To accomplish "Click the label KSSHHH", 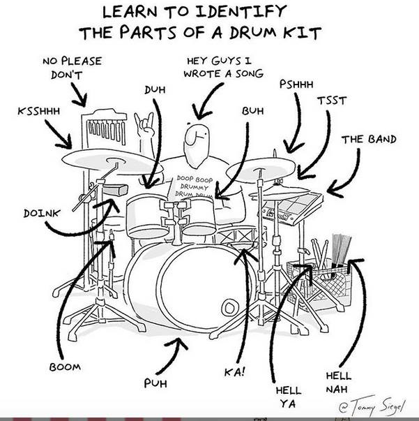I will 38,111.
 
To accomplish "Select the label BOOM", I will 64,367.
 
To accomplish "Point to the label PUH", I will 155,383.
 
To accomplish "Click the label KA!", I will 234,371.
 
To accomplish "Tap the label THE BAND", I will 368,140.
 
